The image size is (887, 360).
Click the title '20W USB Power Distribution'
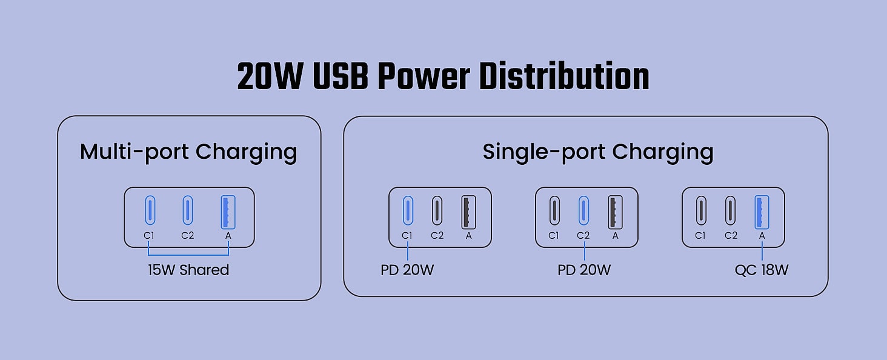tap(443, 76)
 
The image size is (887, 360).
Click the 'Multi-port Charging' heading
tap(188, 152)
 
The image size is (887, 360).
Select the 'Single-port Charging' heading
tap(598, 152)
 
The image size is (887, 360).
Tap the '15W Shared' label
tap(188, 270)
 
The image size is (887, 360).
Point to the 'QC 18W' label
tap(762, 270)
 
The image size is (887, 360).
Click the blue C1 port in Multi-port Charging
tap(150, 210)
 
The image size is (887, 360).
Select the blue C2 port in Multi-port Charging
tap(188, 210)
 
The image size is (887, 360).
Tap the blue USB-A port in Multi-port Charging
tap(228, 212)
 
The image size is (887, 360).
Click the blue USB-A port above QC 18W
tap(762, 212)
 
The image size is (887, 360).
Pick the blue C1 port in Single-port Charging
tap(408, 210)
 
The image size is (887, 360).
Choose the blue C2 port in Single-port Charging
tap(583, 210)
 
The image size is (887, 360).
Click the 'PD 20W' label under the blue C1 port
tap(407, 270)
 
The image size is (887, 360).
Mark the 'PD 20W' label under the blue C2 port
tap(584, 270)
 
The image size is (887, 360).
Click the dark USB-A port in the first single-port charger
tap(469, 212)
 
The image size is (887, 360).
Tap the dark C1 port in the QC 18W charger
tap(701, 210)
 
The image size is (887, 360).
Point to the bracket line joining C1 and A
tap(188, 255)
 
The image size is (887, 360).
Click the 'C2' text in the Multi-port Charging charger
tap(188, 236)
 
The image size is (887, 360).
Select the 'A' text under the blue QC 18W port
tap(762, 236)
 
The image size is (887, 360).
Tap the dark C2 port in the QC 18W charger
tap(731, 210)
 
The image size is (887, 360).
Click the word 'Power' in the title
tap(424, 76)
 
